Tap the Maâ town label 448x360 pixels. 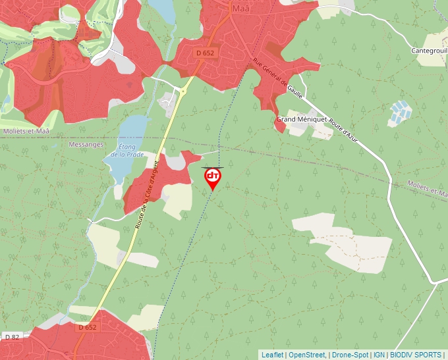pos(242,9)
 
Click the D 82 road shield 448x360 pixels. pos(12,337)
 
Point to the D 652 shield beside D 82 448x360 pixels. pos(87,327)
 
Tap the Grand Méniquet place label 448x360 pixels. pos(301,119)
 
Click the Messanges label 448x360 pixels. pos(86,144)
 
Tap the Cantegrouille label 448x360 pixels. pos(429,50)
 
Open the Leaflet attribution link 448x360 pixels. pos(272,355)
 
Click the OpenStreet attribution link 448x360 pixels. pos(307,355)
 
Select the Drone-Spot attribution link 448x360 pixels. pos(350,355)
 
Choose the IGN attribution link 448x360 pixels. pos(379,355)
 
